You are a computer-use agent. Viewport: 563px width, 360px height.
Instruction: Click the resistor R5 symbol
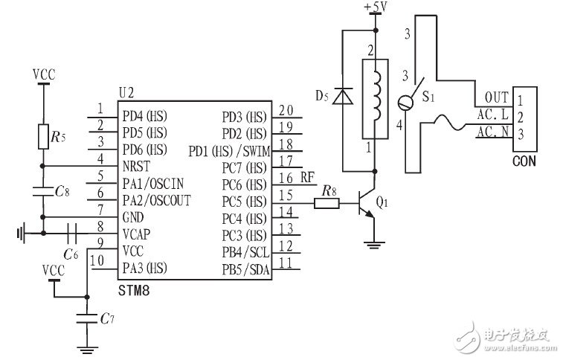[x=44, y=135]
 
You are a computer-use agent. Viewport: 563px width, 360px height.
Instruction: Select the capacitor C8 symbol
[x=44, y=192]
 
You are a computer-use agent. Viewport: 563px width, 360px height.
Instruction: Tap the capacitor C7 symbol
[x=87, y=319]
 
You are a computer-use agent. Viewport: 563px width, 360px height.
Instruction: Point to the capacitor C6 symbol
[x=72, y=232]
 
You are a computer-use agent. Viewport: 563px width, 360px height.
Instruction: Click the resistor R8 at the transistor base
[x=325, y=201]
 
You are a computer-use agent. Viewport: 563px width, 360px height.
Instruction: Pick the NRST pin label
[x=138, y=166]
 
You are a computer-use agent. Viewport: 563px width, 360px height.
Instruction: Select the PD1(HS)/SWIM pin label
[x=231, y=151]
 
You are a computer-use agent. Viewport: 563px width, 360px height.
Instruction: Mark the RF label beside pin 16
[x=308, y=178]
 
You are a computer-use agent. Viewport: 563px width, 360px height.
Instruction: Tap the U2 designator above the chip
[x=126, y=92]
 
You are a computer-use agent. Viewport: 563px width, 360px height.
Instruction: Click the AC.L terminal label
[x=492, y=115]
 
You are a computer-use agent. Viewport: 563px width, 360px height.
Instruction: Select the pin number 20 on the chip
[x=285, y=109]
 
